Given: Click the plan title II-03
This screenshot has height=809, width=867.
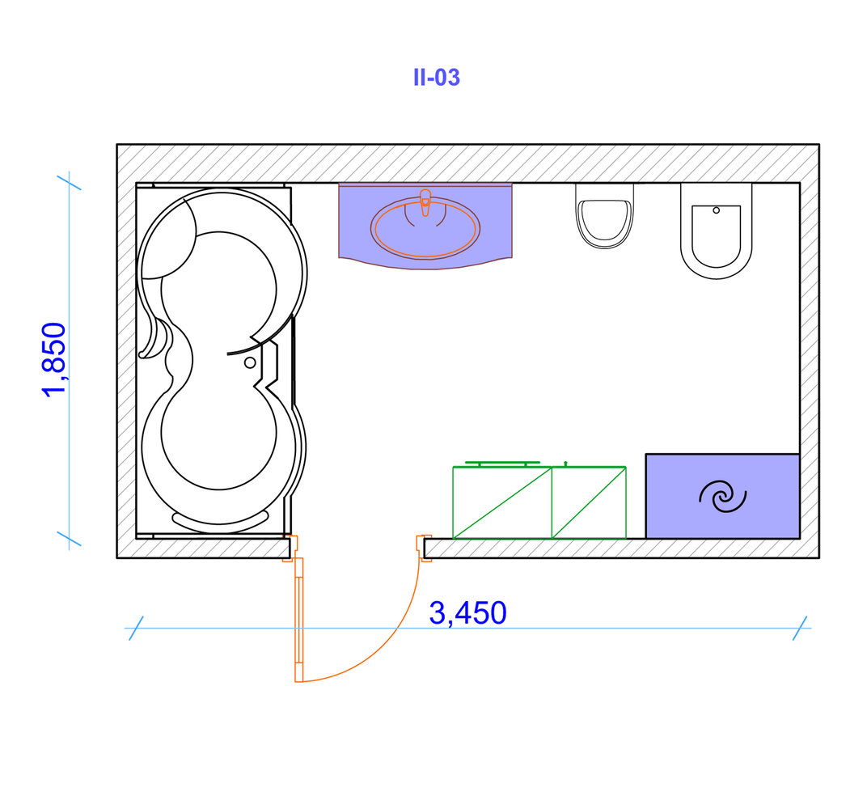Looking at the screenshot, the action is pyautogui.click(x=436, y=78).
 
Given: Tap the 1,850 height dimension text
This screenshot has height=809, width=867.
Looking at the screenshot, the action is pyautogui.click(x=54, y=359).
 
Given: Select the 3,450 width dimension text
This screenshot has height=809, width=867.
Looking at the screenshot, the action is pyautogui.click(x=467, y=612).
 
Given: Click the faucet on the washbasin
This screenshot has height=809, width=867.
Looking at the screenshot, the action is pyautogui.click(x=425, y=202).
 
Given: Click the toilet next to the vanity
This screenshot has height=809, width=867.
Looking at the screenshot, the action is pyautogui.click(x=604, y=216).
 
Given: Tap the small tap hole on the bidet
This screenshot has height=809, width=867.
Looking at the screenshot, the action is pyautogui.click(x=716, y=210).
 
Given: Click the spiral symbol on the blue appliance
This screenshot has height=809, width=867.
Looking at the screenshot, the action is pyautogui.click(x=723, y=496).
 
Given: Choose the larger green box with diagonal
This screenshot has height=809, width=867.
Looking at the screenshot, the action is pyautogui.click(x=502, y=502).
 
